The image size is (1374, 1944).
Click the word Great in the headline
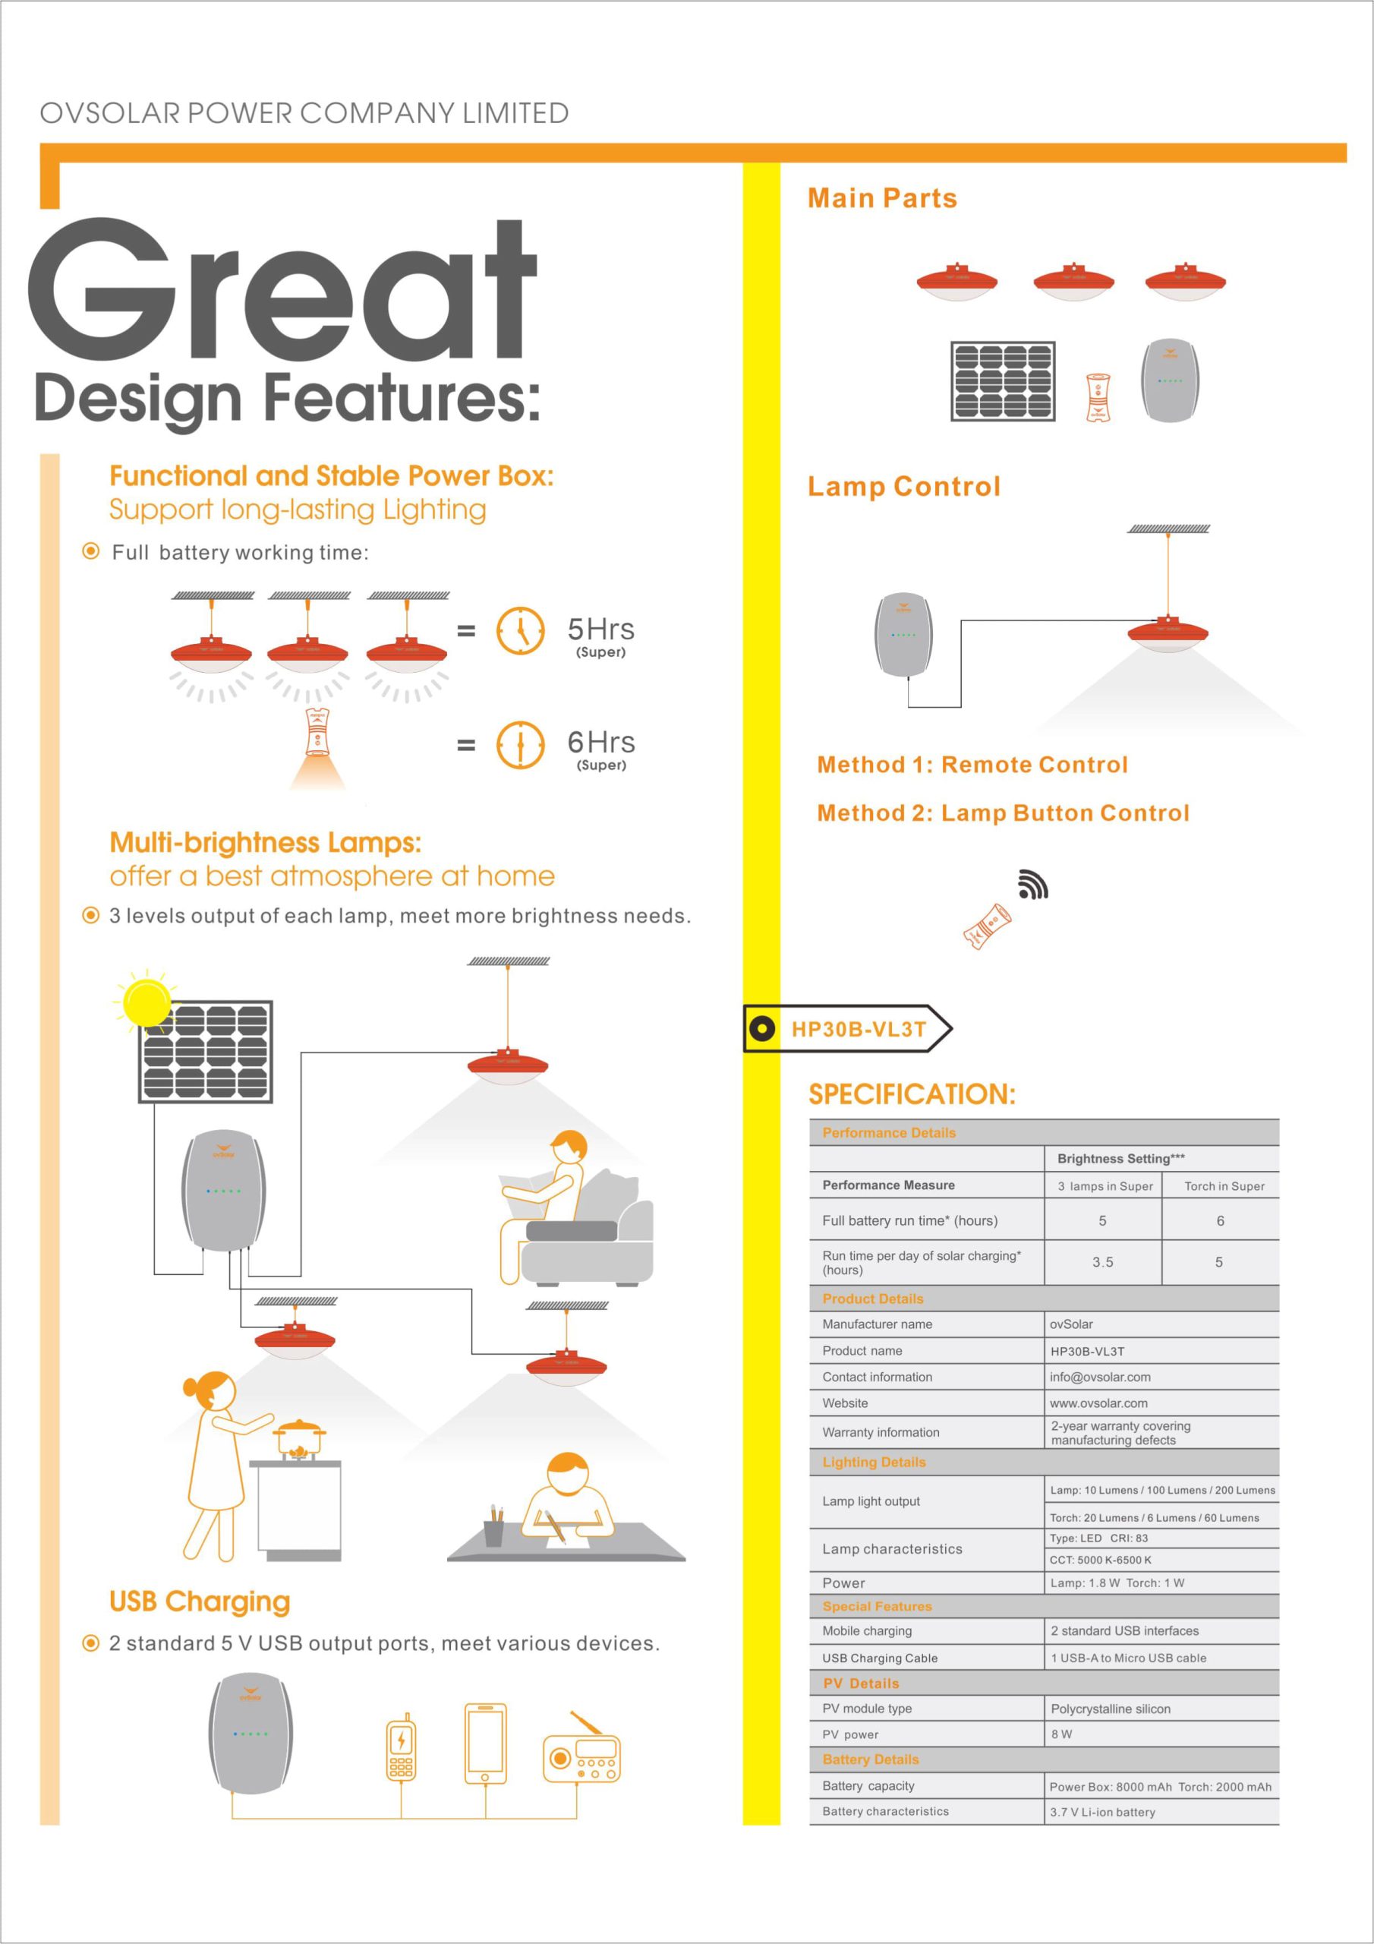point(282,289)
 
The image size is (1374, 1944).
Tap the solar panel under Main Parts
point(1004,381)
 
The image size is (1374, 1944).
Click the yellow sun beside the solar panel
point(146,1002)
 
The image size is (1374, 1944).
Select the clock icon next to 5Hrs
point(520,631)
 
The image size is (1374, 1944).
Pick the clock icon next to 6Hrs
point(520,745)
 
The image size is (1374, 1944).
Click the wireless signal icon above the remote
point(1033,884)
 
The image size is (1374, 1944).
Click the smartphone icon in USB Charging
point(486,1744)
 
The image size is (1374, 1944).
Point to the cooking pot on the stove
point(299,1437)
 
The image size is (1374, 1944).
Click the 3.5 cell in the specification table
point(1102,1261)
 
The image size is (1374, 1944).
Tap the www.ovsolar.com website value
point(1099,1403)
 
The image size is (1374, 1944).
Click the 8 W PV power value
point(1061,1734)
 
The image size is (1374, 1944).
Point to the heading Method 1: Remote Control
point(972,765)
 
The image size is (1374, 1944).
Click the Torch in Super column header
point(1224,1186)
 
